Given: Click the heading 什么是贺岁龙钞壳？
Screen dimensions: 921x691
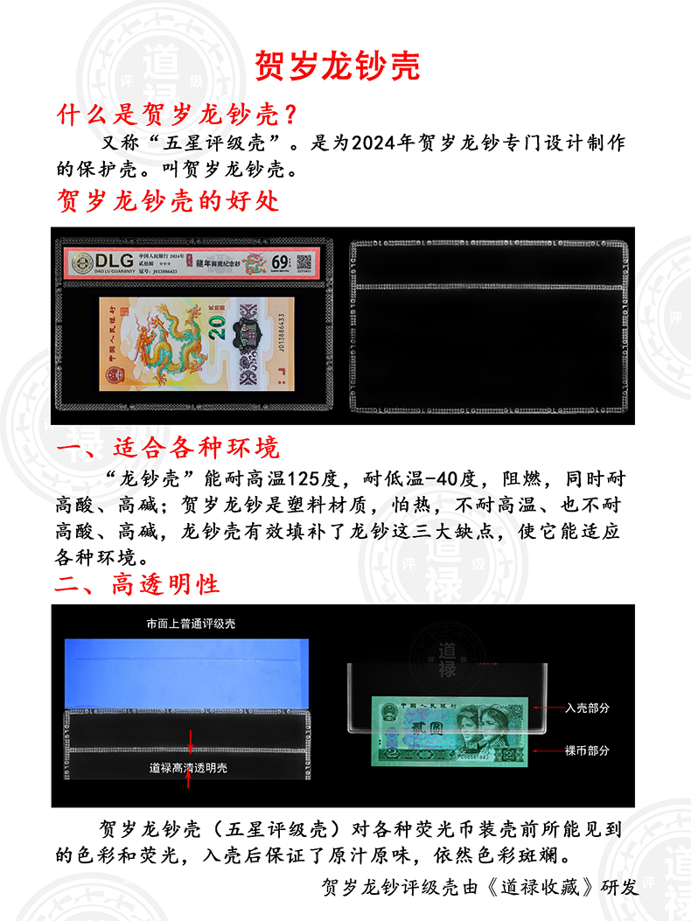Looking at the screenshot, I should (x=178, y=115).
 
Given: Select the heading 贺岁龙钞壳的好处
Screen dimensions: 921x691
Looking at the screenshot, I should (x=167, y=200).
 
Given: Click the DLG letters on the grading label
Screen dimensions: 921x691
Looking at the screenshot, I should (x=108, y=260).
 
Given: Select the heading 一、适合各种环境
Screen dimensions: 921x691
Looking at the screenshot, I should (x=167, y=448).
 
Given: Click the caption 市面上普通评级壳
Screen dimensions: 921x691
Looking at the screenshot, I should (x=191, y=624).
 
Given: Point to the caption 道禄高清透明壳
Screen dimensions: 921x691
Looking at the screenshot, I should (x=188, y=767).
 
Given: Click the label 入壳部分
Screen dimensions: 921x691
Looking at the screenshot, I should (x=588, y=708).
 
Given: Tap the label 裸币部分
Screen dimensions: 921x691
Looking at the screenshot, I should (x=588, y=750).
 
